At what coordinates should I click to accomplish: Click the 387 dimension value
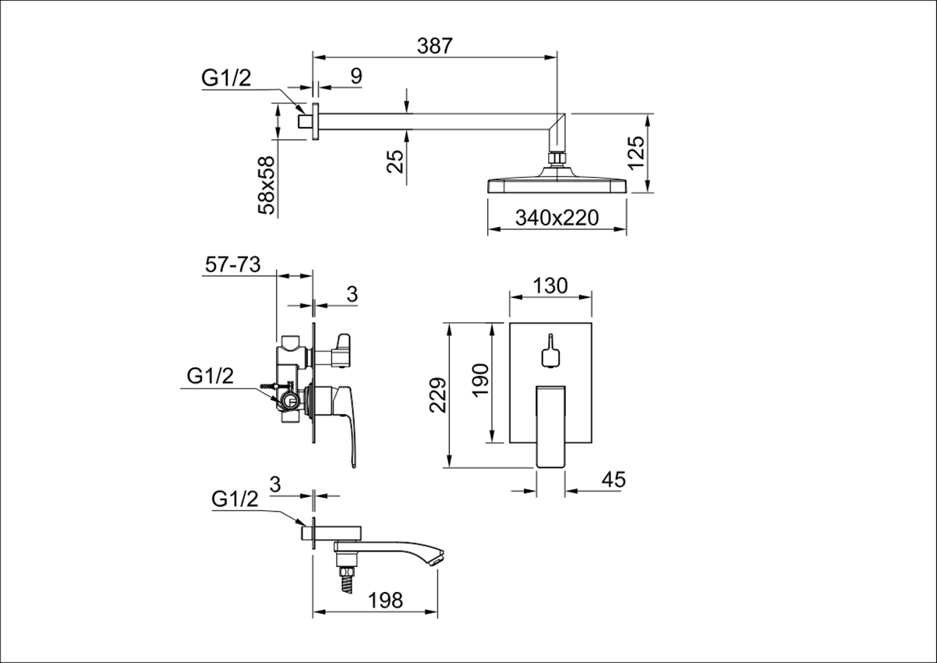point(435,46)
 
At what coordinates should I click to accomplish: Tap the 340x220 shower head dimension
point(557,218)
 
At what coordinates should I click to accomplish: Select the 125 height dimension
point(637,152)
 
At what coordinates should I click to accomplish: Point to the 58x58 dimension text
point(267,185)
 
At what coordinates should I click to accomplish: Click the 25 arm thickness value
point(395,161)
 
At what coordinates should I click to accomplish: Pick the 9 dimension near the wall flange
point(356,76)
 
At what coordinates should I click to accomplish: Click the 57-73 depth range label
point(233,264)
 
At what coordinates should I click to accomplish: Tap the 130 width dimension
point(550,286)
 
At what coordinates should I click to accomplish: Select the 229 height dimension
point(438,395)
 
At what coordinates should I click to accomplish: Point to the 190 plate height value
point(480,380)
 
